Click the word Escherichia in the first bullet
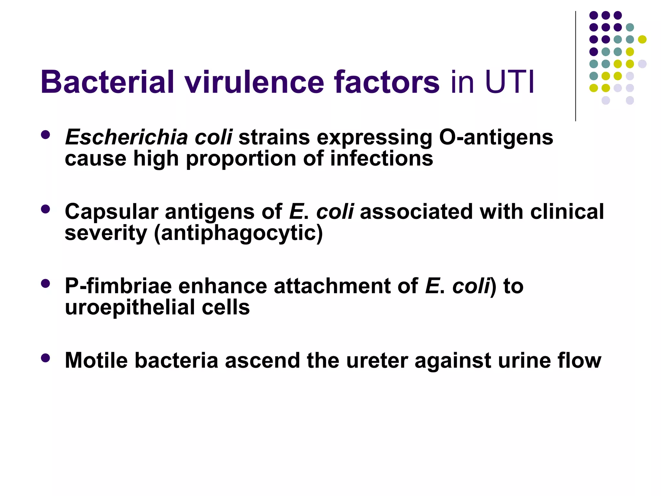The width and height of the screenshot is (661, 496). (x=126, y=138)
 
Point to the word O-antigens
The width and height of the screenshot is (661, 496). (x=496, y=138)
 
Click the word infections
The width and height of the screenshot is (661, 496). (x=381, y=159)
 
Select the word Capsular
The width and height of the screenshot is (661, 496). (x=111, y=212)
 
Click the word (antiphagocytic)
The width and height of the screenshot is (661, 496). (x=238, y=233)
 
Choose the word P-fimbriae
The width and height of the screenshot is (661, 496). (x=118, y=286)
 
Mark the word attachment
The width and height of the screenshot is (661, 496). (x=332, y=286)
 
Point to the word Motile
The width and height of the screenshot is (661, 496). (x=96, y=360)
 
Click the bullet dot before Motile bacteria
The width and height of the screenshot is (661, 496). (x=46, y=358)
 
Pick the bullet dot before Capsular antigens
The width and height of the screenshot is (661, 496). (x=46, y=209)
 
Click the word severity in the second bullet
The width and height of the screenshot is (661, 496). (x=106, y=233)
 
